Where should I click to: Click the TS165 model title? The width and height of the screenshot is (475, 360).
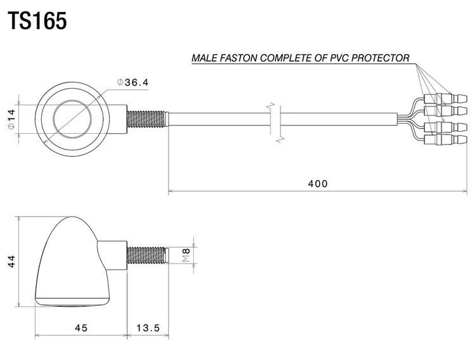click(37, 21)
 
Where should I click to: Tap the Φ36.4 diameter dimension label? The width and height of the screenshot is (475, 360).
click(133, 82)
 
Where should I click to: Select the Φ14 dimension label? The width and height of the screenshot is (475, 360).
click(11, 119)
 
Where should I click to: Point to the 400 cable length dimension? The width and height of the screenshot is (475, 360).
click(318, 184)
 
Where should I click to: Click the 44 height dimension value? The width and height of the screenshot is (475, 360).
click(11, 261)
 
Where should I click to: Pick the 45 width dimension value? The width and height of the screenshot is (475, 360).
click(81, 328)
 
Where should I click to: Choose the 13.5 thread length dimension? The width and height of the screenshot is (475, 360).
click(148, 328)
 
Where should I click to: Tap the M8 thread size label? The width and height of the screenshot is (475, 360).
click(186, 255)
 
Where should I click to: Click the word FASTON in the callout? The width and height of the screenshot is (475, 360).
click(239, 58)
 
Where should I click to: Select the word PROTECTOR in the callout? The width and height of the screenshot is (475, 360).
click(380, 58)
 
